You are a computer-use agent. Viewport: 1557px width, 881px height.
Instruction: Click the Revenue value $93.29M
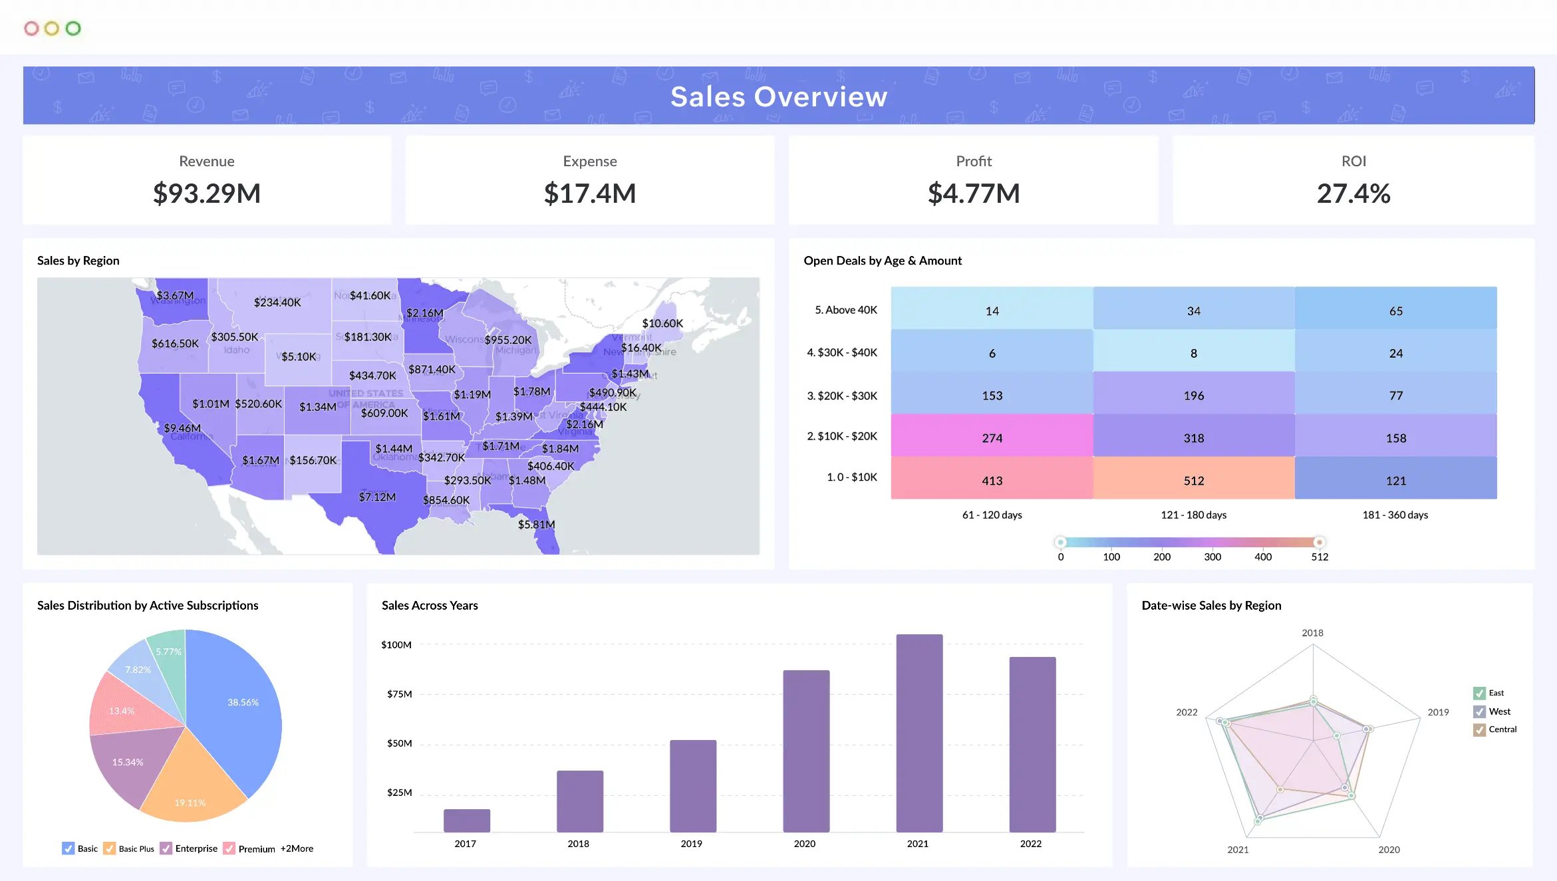coord(207,193)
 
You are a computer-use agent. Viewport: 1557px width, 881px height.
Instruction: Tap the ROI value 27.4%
coord(1353,193)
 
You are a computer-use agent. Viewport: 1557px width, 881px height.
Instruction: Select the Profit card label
coord(973,161)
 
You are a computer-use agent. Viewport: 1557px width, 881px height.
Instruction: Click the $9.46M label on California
coord(182,428)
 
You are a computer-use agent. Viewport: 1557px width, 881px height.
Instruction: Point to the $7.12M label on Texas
coord(377,497)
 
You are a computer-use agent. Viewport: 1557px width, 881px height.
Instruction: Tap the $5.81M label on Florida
coord(536,524)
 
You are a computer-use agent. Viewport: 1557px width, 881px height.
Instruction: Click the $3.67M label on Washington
coord(175,295)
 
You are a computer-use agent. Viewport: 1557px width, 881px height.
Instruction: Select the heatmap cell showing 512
coord(1193,479)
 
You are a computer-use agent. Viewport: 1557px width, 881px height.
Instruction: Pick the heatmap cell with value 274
coord(991,437)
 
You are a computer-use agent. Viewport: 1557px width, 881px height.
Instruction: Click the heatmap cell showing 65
coord(1395,310)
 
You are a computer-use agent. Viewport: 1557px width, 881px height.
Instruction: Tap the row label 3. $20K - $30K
coord(841,396)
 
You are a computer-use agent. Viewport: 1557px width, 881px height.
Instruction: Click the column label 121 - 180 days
coord(1193,515)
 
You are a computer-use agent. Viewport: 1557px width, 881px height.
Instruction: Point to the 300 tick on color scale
coord(1212,557)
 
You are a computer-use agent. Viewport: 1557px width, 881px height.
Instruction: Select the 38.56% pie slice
coord(243,702)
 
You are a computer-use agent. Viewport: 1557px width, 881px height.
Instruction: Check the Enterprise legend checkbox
coord(166,848)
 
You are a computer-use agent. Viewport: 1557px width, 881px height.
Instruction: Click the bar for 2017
coord(466,820)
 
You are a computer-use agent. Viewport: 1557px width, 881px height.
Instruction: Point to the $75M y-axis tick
coord(399,693)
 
